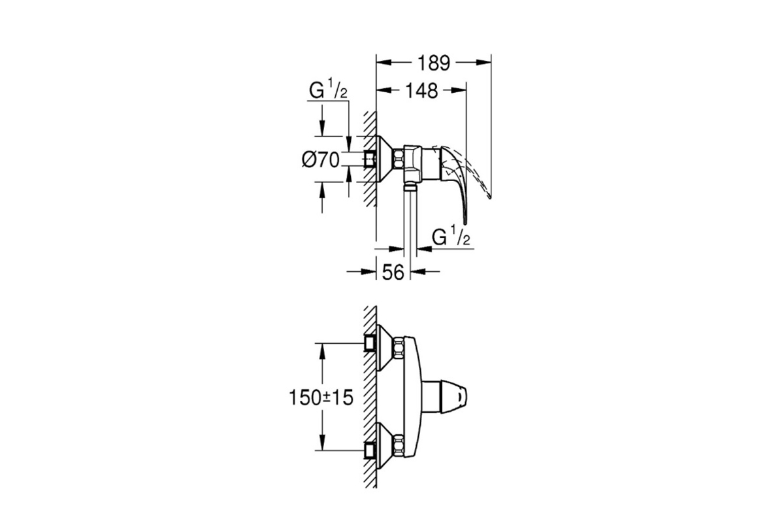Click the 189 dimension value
coord(434,63)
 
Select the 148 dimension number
coord(421,91)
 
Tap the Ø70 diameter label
coord(321,160)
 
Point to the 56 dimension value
coord(393,272)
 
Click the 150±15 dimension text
coord(321,397)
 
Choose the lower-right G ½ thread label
coord(451,236)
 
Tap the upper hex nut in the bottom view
coord(399,347)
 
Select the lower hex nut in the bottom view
coord(399,446)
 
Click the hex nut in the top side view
coord(399,159)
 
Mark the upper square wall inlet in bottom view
coord(370,343)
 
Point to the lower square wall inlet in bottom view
coord(370,450)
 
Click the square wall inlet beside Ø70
coord(370,159)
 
